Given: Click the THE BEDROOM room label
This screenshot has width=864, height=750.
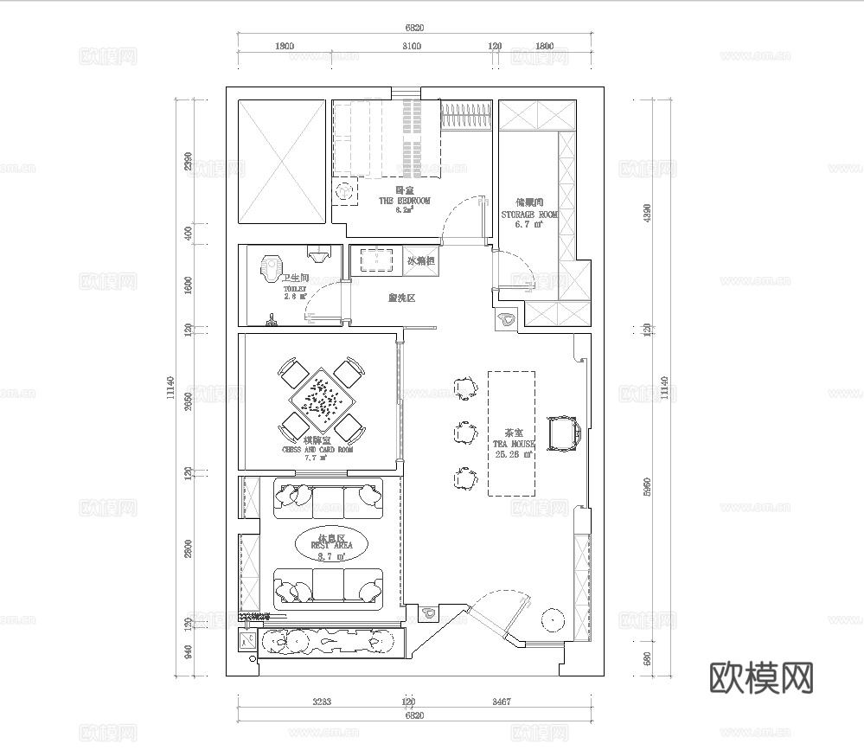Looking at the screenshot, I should pos(404,200).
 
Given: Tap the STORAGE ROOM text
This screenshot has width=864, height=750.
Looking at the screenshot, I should pos(529,215).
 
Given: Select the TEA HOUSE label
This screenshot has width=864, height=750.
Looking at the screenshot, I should pos(510,443).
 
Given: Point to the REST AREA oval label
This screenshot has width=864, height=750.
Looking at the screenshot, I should pos(330,545).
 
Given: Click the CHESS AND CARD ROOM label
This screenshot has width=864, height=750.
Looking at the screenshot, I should pos(317,450).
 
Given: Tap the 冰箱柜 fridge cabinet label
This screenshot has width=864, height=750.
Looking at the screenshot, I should pos(419,260).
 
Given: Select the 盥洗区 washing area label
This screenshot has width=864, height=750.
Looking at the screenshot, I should pos(402,298).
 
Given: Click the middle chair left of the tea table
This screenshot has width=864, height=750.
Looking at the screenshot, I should pos(464,431).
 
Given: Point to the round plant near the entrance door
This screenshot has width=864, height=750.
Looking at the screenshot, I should pos(551,619).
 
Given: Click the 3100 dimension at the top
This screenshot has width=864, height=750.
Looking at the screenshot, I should pos(412,47).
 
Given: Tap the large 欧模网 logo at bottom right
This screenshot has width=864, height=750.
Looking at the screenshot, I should pos(761,676).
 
